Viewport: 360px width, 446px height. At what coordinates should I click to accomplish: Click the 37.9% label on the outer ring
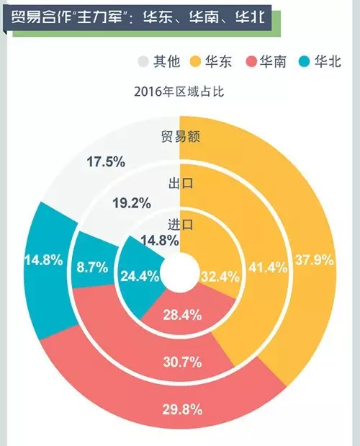pyautogui.click(x=314, y=260)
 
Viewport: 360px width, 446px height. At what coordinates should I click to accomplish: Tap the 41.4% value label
pyautogui.click(x=268, y=267)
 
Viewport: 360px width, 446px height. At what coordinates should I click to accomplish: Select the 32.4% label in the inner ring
pyautogui.click(x=220, y=277)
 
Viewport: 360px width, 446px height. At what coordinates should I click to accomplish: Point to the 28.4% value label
pyautogui.click(x=182, y=315)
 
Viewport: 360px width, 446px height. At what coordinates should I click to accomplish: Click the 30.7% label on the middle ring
pyautogui.click(x=182, y=362)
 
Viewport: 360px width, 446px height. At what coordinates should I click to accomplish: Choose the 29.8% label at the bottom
pyautogui.click(x=182, y=410)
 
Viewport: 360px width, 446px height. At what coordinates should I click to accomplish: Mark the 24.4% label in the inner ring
pyautogui.click(x=140, y=276)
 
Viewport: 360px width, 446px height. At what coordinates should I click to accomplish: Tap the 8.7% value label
pyautogui.click(x=92, y=267)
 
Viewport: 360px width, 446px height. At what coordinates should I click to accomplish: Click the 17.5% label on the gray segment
pyautogui.click(x=106, y=162)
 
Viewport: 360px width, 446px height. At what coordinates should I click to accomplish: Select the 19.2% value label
pyautogui.click(x=132, y=203)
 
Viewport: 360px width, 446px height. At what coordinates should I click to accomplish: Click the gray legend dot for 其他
pyautogui.click(x=143, y=62)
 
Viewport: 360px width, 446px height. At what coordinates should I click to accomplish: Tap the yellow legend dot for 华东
pyautogui.click(x=195, y=62)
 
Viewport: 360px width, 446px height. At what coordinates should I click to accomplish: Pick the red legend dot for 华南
pyautogui.click(x=251, y=62)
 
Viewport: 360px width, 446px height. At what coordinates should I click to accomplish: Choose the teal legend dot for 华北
pyautogui.click(x=305, y=62)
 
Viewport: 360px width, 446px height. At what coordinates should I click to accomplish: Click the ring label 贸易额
pyautogui.click(x=181, y=136)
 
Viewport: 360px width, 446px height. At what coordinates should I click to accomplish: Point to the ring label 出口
pyautogui.click(x=181, y=183)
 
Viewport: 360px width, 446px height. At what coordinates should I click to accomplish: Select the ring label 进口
pyautogui.click(x=181, y=225)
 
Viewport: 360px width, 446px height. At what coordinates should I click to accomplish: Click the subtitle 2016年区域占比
pyautogui.click(x=179, y=92)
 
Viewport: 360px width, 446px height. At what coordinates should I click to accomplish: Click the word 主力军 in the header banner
pyautogui.click(x=98, y=17)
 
